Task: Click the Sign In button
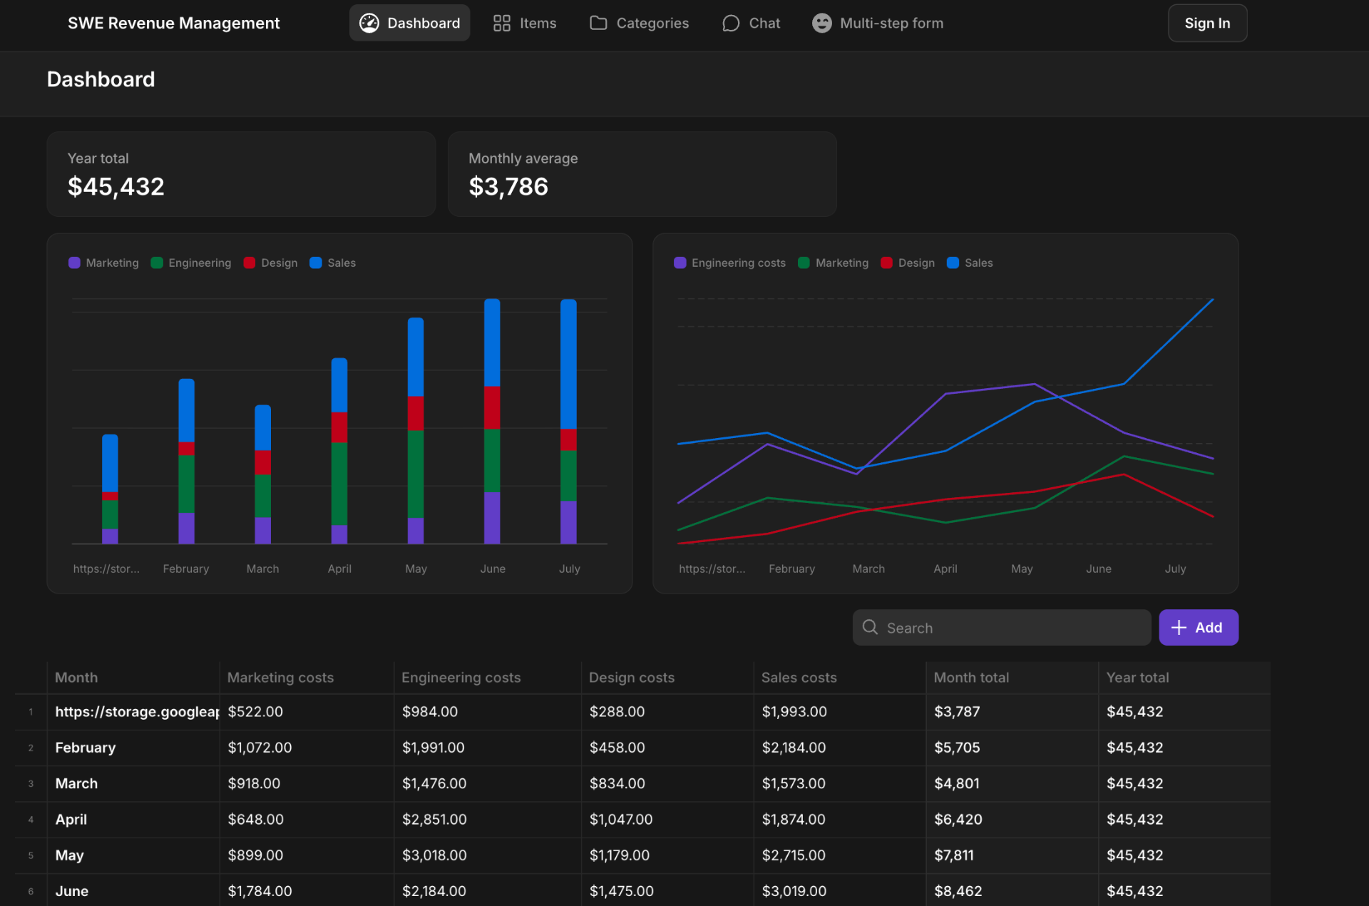point(1206,24)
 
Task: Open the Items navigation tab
point(525,24)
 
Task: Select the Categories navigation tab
point(640,24)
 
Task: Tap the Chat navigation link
point(752,24)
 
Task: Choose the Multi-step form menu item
point(878,24)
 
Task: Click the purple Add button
point(1198,628)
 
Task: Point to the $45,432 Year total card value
point(116,187)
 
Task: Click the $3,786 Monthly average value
point(508,187)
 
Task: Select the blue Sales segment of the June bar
point(492,342)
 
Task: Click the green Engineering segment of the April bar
point(339,484)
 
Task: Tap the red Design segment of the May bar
point(416,413)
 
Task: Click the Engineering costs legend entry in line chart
point(730,263)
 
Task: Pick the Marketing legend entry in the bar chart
point(104,263)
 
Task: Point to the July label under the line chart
point(1175,569)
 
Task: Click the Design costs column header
point(632,678)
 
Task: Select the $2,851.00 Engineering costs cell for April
point(434,820)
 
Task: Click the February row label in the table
point(86,748)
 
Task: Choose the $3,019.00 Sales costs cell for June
point(794,891)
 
